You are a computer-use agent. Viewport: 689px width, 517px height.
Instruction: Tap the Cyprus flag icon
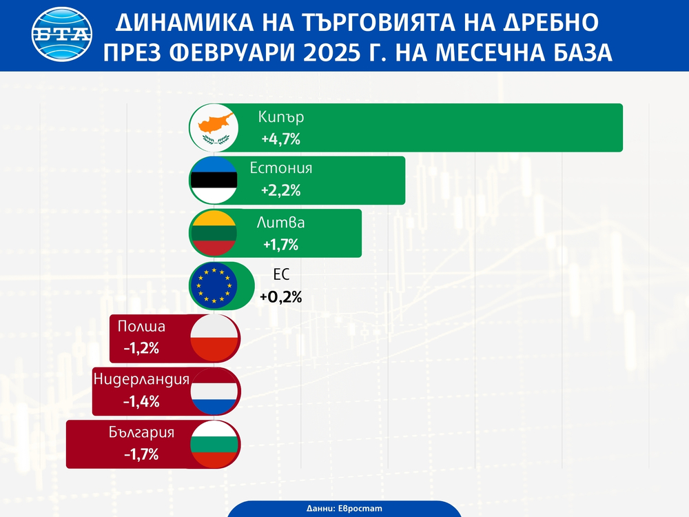pos(214,128)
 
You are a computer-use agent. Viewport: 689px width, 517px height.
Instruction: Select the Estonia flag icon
pos(214,181)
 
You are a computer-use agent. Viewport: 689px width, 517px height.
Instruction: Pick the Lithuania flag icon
pos(214,233)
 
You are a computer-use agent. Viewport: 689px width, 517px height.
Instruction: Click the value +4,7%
pos(280,139)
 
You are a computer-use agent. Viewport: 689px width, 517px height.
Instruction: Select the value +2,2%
pos(280,191)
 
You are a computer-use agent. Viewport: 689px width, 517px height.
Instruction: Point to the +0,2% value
pos(280,297)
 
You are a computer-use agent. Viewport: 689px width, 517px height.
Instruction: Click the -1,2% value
pos(141,348)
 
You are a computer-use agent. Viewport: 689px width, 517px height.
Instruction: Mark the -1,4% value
pos(141,401)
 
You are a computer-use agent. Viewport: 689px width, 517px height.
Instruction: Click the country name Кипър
pos(280,117)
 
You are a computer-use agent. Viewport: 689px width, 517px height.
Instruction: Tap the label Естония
pos(281,169)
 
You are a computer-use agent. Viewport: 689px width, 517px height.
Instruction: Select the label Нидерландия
pos(141,379)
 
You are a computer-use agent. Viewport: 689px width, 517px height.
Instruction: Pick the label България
pos(141,432)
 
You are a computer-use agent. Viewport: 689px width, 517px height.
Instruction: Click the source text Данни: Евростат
pos(344,507)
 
